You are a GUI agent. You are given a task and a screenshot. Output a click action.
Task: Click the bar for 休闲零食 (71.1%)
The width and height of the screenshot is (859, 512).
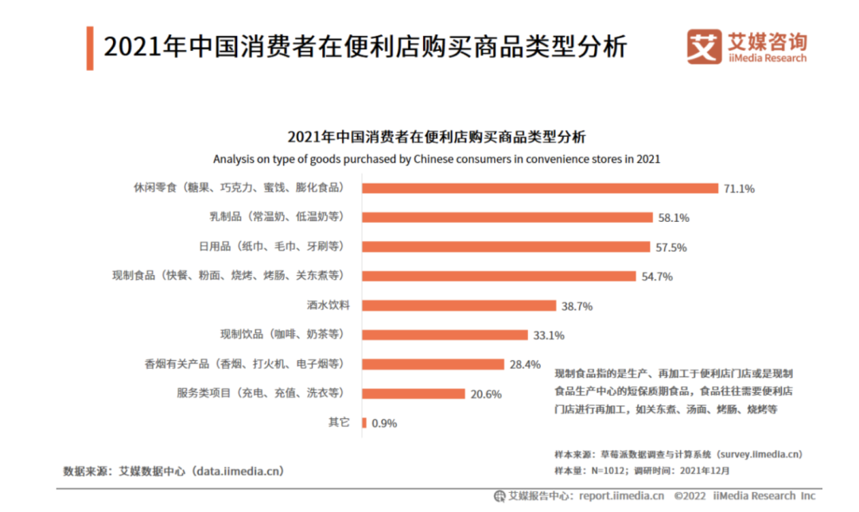(540, 188)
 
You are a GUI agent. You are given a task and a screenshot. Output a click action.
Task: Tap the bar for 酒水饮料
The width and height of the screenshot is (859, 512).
(459, 305)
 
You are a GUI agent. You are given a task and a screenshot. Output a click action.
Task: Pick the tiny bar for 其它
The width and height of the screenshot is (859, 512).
(364, 423)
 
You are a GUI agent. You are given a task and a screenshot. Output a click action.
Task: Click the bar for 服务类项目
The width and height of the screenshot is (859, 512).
(414, 394)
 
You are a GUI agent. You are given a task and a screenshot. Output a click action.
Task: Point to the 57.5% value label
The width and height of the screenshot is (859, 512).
(671, 247)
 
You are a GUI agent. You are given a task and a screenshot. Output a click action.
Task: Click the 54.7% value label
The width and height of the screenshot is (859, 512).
(657, 277)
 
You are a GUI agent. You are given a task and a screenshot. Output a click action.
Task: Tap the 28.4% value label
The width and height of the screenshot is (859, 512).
(525, 365)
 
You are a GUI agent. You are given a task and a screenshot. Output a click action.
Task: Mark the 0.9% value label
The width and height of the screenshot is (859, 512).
(383, 424)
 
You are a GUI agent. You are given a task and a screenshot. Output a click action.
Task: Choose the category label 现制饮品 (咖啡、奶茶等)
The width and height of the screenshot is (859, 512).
(283, 334)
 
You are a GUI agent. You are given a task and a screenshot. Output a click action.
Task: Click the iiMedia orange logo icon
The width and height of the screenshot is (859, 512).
(703, 47)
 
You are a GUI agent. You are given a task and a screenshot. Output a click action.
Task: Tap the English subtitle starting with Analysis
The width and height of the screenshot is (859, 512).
(437, 158)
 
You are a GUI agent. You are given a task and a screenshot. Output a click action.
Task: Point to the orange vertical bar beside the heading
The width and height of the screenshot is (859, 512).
(90, 48)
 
